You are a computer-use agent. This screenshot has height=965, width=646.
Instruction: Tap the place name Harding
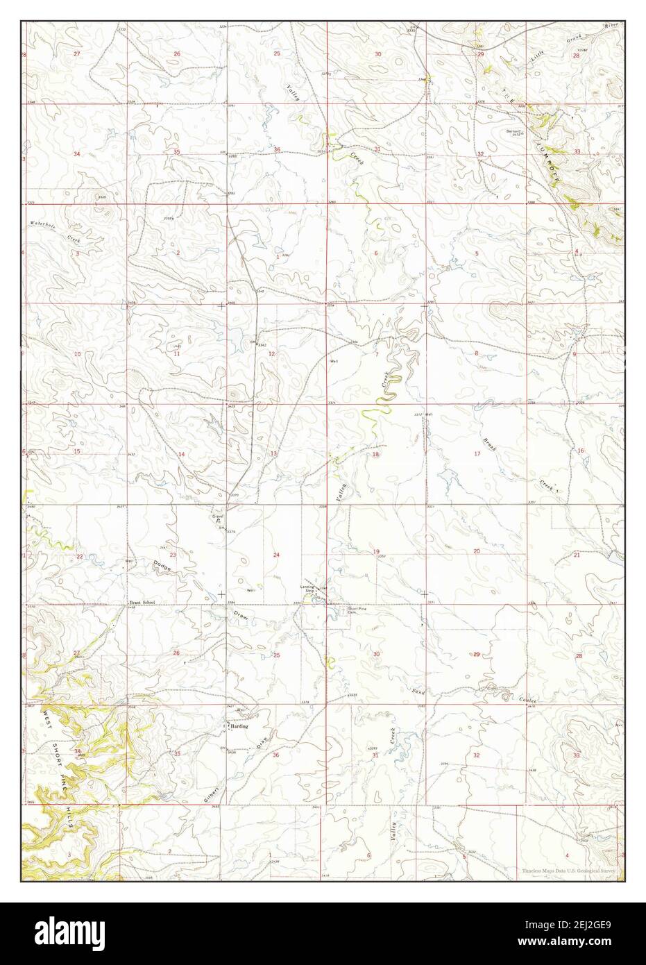tap(240, 727)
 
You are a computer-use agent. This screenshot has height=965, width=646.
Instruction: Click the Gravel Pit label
tap(217, 518)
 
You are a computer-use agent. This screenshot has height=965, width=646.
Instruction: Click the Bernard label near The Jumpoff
tap(513, 131)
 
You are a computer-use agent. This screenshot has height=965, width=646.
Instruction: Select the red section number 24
tap(276, 555)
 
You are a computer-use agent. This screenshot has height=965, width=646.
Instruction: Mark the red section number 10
tap(78, 354)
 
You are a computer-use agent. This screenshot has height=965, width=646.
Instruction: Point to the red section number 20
tap(477, 551)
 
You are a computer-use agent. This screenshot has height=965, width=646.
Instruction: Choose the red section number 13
tap(273, 453)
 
